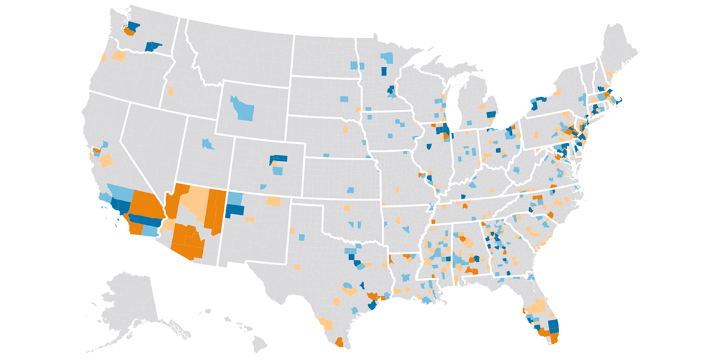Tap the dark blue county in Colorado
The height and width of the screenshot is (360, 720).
pyautogui.click(x=278, y=160)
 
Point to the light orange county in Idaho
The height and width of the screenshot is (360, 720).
pyautogui.click(x=170, y=92)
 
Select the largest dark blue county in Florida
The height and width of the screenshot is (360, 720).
pyautogui.click(x=553, y=327)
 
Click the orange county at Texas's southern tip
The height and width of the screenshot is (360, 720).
pyautogui.click(x=339, y=343)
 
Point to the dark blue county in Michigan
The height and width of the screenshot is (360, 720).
pyautogui.click(x=491, y=114)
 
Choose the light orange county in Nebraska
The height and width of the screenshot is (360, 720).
pyautogui.click(x=346, y=128)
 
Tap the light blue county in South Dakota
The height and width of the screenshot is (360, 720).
pyautogui.click(x=344, y=98)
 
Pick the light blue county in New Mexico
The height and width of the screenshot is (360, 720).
pyautogui.click(x=235, y=199)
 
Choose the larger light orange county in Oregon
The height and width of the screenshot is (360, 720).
pyautogui.click(x=119, y=56)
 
